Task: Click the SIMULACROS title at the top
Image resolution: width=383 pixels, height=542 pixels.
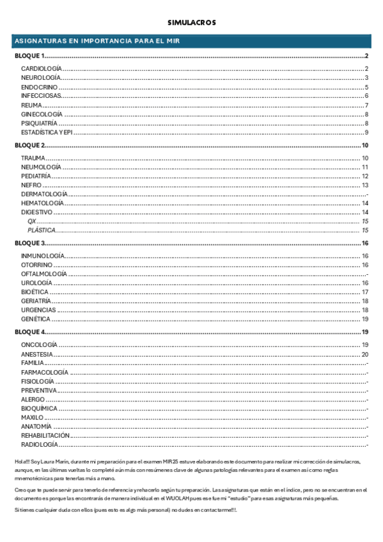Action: coord(191,22)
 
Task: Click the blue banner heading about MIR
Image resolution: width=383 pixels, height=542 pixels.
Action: coord(97,42)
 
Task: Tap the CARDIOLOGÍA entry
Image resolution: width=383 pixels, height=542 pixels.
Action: coord(41,68)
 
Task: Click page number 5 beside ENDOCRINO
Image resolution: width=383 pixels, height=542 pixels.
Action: coord(366,87)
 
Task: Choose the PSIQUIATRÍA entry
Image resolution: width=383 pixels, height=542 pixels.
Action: coord(39,123)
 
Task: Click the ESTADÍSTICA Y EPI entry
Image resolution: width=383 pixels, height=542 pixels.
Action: coord(47,132)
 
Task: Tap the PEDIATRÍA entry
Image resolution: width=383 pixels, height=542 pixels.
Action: coord(36,176)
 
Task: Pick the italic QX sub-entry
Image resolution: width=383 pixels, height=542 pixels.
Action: coord(31,221)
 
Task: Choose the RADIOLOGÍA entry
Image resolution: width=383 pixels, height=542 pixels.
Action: coord(40,444)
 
